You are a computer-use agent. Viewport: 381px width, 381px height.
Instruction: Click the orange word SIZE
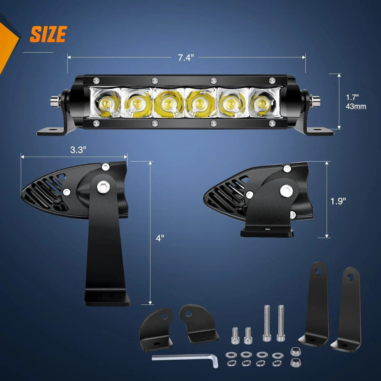pyautogui.click(x=48, y=34)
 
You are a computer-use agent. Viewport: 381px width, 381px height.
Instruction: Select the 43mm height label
pyautogui.click(x=356, y=107)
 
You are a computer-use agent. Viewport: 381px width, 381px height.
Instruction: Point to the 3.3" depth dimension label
pyautogui.click(x=78, y=150)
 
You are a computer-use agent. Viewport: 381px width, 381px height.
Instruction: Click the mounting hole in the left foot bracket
pyautogui.click(x=53, y=130)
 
